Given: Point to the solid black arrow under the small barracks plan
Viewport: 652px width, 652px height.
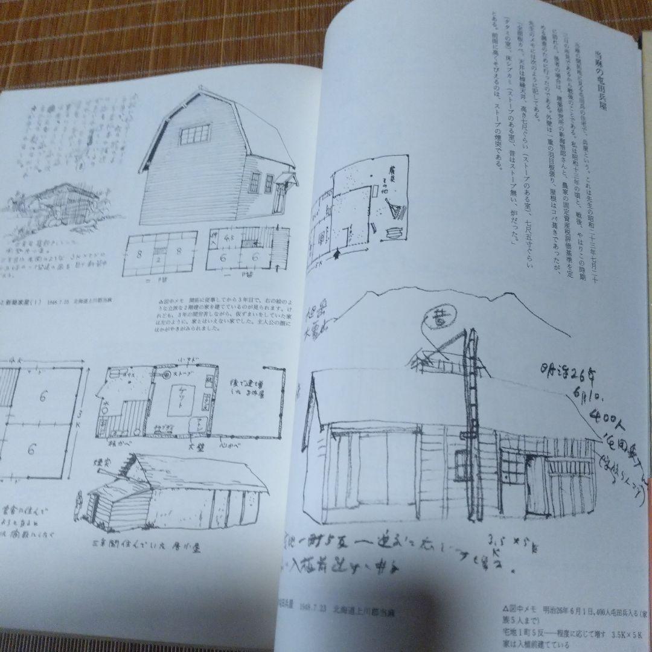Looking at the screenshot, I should pos(346,249).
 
